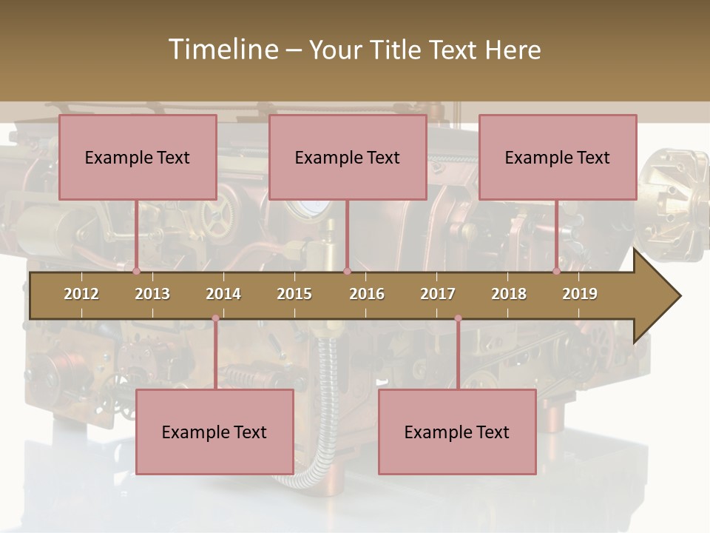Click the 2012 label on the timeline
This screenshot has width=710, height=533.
tap(81, 294)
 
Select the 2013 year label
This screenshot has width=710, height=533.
tap(152, 294)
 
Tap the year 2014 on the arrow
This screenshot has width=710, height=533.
tap(223, 294)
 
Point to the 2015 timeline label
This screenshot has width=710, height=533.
tap(294, 294)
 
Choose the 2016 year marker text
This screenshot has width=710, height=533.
tap(367, 294)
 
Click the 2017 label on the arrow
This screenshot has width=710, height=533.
tap(438, 294)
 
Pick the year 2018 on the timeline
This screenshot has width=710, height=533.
tap(509, 294)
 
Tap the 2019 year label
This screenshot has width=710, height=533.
tap(580, 294)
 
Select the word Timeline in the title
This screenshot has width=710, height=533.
tap(222, 50)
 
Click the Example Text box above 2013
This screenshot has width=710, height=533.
tap(138, 157)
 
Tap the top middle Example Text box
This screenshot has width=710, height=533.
tap(348, 157)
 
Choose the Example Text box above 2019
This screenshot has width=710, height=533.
tap(558, 157)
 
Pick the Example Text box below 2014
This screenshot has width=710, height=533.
tap(214, 432)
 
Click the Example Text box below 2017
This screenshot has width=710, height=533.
tap(457, 432)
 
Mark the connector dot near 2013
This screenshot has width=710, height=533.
tap(137, 271)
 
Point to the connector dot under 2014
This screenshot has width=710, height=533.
tap(215, 318)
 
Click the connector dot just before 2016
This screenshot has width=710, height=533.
tap(347, 271)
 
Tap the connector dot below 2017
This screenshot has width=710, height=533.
tap(458, 318)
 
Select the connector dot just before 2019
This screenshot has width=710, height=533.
tap(557, 271)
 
